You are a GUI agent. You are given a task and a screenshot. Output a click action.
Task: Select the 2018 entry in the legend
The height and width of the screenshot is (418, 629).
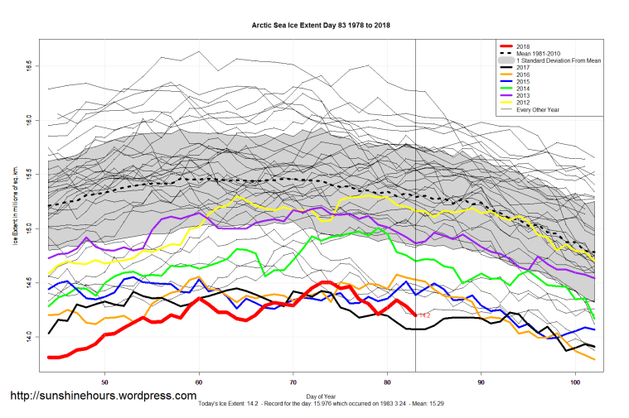point(523,46)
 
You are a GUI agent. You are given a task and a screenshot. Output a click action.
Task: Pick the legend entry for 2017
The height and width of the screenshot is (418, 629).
point(523,69)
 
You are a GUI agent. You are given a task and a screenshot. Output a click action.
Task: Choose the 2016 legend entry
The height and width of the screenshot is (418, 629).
point(523,76)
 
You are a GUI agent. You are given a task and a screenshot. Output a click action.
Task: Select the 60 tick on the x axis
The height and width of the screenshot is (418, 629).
point(199,382)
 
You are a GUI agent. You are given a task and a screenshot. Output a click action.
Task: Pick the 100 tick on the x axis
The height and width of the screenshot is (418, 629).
point(576,382)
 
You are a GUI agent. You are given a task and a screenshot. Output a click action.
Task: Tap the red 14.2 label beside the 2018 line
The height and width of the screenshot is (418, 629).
point(423,315)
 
